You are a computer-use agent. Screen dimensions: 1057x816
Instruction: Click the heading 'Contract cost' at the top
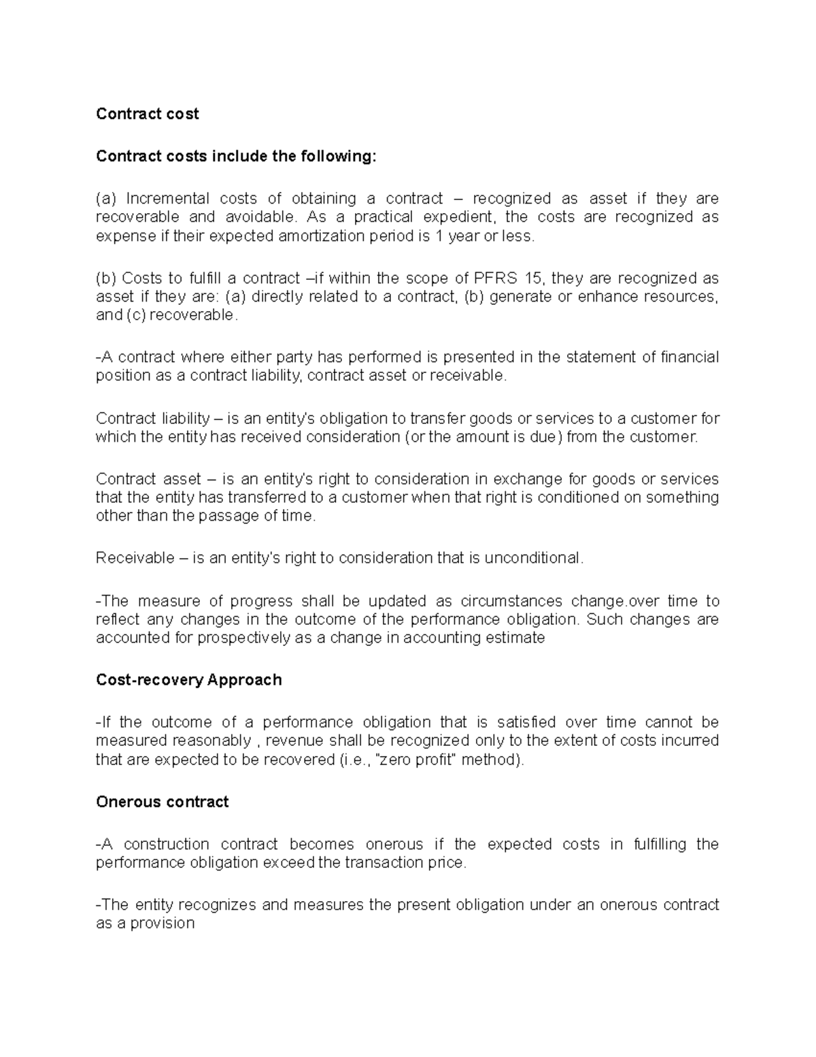pyautogui.click(x=147, y=114)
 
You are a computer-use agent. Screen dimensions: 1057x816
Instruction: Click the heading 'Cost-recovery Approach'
pyautogui.click(x=188, y=680)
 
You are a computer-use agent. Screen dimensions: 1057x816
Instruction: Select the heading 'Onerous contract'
pyautogui.click(x=162, y=802)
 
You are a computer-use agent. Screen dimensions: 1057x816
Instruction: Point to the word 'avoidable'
pyautogui.click(x=260, y=217)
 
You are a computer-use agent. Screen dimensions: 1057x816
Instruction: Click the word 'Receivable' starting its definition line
pyautogui.click(x=135, y=558)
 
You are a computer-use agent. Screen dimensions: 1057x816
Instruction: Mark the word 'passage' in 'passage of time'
pyautogui.click(x=225, y=516)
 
